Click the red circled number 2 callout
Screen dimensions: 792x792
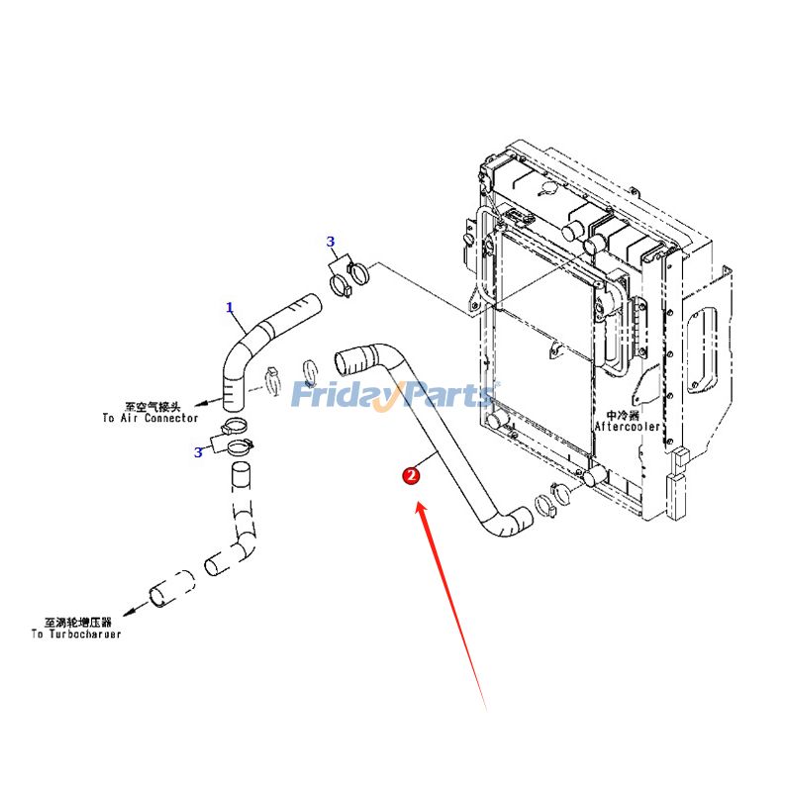tap(411, 476)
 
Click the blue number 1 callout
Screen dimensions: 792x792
tap(230, 308)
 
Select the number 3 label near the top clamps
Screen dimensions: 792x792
tap(331, 242)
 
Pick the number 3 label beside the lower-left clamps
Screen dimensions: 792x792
tap(199, 452)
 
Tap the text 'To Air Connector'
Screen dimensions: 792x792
tap(149, 419)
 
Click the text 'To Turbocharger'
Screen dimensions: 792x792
tap(76, 634)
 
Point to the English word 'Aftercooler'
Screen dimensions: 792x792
tap(628, 427)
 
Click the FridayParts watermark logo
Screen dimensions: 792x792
tap(396, 396)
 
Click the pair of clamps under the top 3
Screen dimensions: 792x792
tap(346, 277)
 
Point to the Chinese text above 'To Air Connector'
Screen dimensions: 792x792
tap(152, 407)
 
